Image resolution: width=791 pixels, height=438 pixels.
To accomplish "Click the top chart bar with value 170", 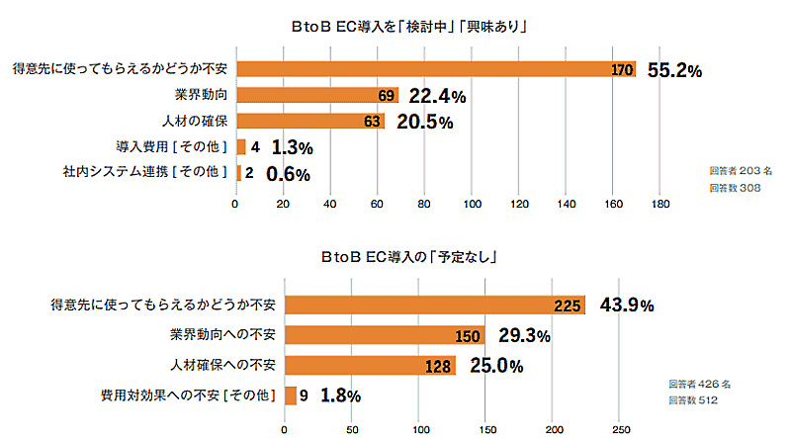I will pyautogui.click(x=435, y=70).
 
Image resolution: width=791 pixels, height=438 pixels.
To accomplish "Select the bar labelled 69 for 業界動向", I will pyautogui.click(x=316, y=96).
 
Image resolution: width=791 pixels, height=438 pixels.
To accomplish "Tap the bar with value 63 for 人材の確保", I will pyautogui.click(x=309, y=122).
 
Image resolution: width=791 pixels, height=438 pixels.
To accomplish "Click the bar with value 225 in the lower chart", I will pyautogui.click(x=435, y=306).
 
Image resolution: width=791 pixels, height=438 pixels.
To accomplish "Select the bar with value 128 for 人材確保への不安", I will pyautogui.click(x=370, y=366).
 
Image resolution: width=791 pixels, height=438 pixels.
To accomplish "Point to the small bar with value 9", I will pyautogui.click(x=291, y=395).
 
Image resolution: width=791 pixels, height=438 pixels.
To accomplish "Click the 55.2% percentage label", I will pyautogui.click(x=674, y=70).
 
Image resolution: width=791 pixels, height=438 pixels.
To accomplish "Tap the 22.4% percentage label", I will pyautogui.click(x=437, y=96).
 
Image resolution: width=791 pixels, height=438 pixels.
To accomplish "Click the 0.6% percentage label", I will pyautogui.click(x=288, y=174).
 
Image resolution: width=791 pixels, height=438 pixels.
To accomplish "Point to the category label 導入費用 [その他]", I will pyautogui.click(x=172, y=147).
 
